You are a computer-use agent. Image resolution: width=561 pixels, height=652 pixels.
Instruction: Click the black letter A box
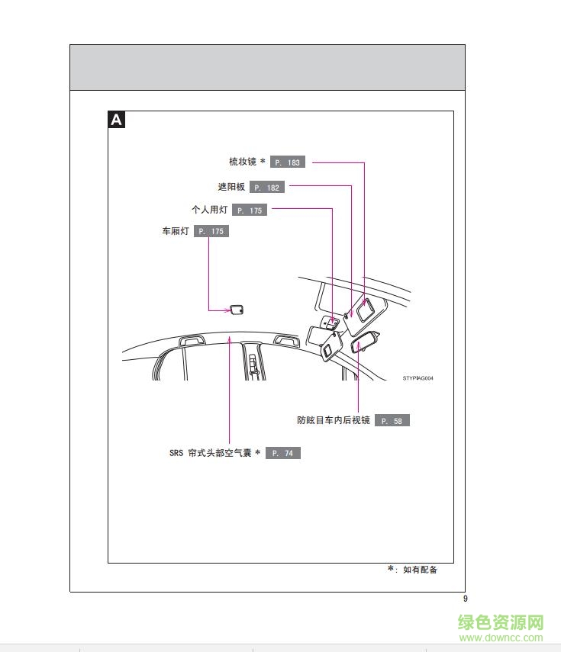click(117, 120)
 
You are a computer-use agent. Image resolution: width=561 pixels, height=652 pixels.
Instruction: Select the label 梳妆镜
click(243, 162)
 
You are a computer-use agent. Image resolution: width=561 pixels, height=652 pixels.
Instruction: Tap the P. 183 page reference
click(288, 162)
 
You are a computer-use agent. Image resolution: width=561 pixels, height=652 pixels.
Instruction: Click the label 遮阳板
click(231, 187)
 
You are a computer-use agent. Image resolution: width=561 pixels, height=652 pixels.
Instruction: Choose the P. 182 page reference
click(267, 187)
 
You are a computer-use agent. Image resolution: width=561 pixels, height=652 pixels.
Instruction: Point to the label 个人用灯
click(210, 210)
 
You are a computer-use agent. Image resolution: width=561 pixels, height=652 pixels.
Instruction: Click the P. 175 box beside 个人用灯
click(250, 210)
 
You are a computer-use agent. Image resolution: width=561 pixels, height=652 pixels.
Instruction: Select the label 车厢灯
click(176, 231)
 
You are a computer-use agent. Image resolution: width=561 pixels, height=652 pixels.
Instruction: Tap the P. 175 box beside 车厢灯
click(211, 231)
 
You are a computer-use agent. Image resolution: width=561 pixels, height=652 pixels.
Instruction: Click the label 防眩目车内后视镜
click(334, 420)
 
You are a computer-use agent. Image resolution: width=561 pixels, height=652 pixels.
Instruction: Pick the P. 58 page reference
click(392, 420)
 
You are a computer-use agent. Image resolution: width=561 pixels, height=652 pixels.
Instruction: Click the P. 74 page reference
click(283, 453)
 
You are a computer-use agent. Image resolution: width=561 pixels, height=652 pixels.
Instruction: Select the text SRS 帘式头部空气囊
click(211, 453)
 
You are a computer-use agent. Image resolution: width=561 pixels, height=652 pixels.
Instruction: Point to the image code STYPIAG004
click(418, 378)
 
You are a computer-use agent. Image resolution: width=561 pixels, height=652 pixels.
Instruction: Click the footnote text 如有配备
click(421, 570)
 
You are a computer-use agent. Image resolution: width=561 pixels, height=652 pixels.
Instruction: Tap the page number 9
click(466, 599)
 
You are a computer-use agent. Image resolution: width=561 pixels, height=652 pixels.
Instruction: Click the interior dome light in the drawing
click(237, 310)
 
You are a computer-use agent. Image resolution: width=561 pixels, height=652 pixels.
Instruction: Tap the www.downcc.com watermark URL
click(501, 638)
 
